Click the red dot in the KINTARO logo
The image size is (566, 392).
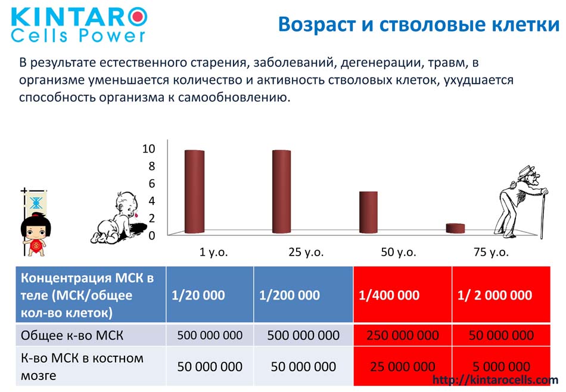point(138,15)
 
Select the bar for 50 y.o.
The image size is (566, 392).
point(369,212)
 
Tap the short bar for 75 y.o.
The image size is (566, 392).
point(455,229)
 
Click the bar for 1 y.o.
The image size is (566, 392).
point(195,192)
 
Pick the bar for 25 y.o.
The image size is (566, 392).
point(282,192)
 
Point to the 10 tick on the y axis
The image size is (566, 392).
point(149,148)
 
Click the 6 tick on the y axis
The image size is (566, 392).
point(152,183)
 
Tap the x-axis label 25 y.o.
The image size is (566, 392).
point(306,252)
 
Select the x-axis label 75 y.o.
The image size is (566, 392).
point(492,252)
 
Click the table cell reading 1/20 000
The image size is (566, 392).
point(210,294)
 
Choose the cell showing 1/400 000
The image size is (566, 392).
point(403,294)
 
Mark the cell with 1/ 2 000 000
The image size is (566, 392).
point(502,294)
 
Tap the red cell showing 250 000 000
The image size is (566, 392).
point(403,335)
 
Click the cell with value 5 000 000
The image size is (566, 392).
point(502,366)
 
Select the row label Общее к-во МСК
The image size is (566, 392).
point(72,335)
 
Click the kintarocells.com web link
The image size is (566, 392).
point(495,379)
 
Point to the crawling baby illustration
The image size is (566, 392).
point(119,219)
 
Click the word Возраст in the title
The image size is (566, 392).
point(316,25)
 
